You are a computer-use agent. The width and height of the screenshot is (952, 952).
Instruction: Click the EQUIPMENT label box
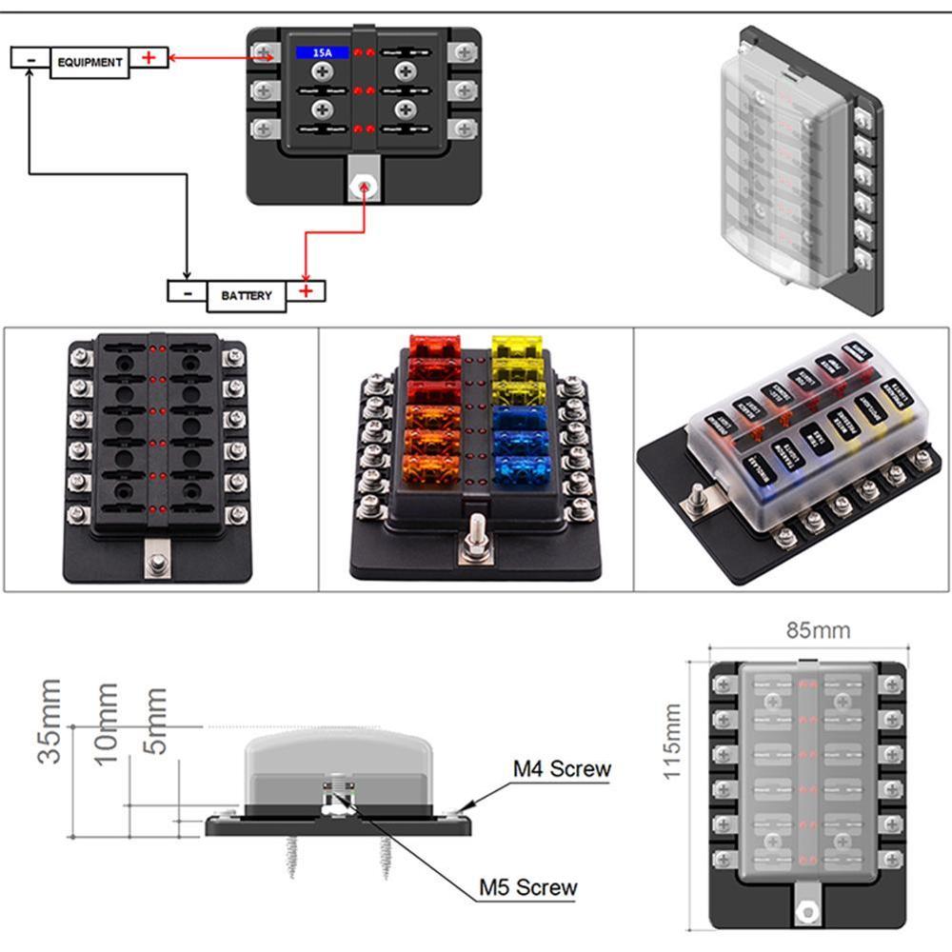[89, 62]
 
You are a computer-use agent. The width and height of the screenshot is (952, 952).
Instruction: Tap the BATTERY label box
[246, 295]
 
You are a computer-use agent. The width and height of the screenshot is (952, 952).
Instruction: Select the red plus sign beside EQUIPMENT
[149, 57]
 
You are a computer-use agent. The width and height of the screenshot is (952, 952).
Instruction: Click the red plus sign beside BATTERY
[306, 290]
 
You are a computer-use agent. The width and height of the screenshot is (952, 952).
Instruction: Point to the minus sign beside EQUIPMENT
[31, 58]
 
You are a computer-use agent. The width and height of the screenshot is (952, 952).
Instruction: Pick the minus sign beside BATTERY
[188, 291]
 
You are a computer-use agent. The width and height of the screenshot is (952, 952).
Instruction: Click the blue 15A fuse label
[315, 54]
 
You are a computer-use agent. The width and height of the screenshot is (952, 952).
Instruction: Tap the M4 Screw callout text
[561, 768]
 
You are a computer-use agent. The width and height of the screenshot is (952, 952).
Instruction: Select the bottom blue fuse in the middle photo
[522, 468]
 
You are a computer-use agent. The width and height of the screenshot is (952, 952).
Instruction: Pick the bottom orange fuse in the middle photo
[434, 467]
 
